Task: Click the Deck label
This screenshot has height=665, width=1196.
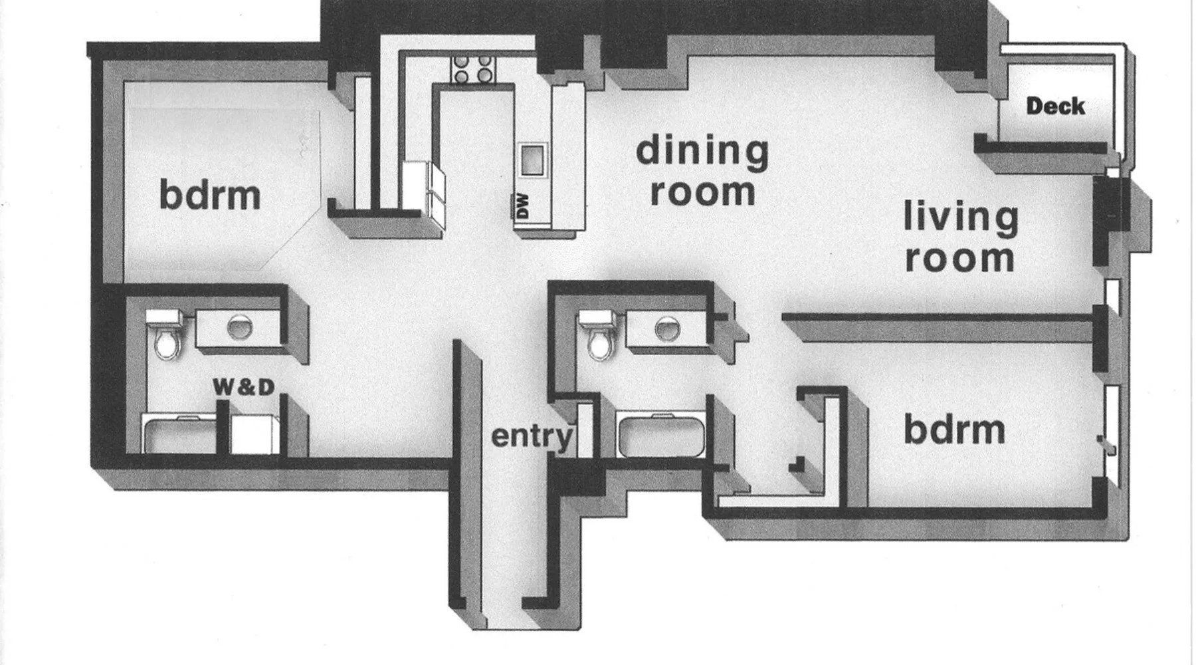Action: click(1055, 106)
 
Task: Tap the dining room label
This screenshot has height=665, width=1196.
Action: click(702, 170)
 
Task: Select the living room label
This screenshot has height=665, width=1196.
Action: click(961, 237)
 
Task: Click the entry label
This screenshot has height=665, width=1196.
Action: click(532, 437)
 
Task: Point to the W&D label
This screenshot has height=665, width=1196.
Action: click(243, 387)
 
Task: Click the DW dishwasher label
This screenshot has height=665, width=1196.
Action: click(522, 205)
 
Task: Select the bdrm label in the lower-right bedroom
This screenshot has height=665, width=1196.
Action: click(954, 429)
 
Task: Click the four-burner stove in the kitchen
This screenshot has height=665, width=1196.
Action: click(472, 69)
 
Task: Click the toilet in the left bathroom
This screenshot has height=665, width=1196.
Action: click(165, 335)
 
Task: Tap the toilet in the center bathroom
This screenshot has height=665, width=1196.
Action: click(599, 335)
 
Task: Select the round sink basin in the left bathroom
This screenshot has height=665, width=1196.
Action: click(239, 327)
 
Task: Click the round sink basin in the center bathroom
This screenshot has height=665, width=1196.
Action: click(667, 329)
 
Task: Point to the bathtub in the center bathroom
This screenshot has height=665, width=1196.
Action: click(660, 435)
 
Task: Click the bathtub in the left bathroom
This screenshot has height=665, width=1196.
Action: click(179, 435)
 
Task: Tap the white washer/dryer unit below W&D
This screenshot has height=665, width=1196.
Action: click(255, 435)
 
